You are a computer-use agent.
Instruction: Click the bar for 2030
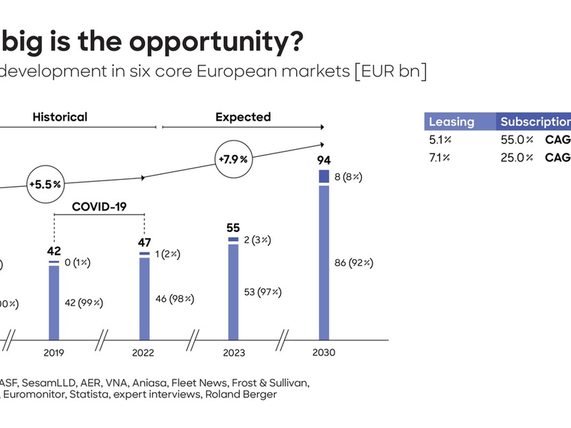pyautogui.click(x=323, y=260)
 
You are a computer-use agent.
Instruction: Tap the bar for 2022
pyautogui.click(x=145, y=298)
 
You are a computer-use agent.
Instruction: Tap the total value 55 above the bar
pyautogui.click(x=233, y=228)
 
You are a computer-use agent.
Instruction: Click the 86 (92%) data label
pyautogui.click(x=354, y=263)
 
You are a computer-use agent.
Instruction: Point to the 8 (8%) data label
pyautogui.click(x=348, y=176)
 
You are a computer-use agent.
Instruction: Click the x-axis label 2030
pyautogui.click(x=323, y=352)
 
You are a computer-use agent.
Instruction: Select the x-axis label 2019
pyautogui.click(x=54, y=352)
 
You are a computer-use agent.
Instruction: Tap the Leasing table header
pyautogui.click(x=451, y=121)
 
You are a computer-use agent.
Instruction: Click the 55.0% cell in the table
pyautogui.click(x=517, y=139)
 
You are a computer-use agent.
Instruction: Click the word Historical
pyautogui.click(x=60, y=117)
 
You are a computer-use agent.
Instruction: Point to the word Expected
pyautogui.click(x=243, y=117)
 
